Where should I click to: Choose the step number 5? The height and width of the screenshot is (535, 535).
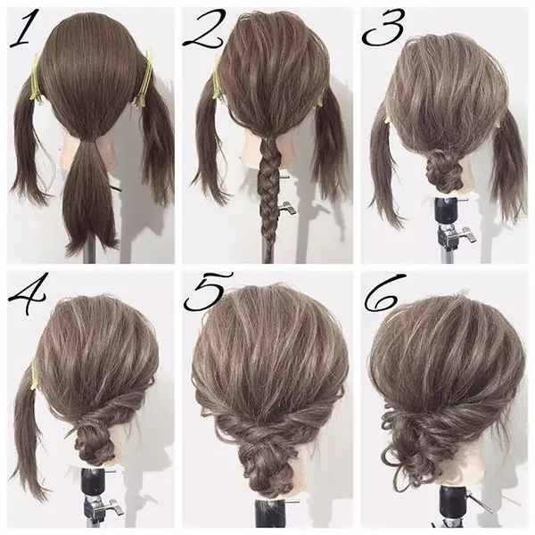[208, 291]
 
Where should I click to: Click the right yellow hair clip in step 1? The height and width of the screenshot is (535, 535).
[145, 78]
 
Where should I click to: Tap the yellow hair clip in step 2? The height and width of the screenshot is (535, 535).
[217, 78]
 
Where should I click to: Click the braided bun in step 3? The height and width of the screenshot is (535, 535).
[442, 170]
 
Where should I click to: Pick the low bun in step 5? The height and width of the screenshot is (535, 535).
[266, 468]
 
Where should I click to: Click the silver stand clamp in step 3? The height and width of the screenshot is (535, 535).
[457, 235]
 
